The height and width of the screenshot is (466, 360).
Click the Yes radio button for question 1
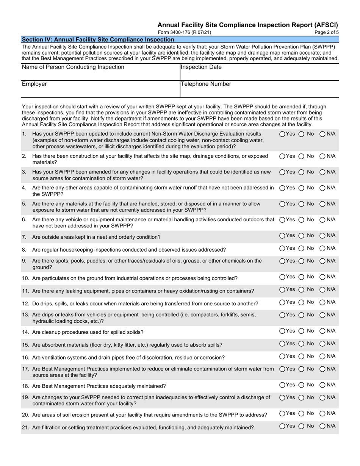[x=282, y=134]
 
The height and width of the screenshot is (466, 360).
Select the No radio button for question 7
[x=302, y=236]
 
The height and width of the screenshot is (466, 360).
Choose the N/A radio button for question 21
[x=322, y=426]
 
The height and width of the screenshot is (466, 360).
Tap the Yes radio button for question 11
[x=282, y=290]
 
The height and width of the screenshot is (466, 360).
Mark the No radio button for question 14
[x=302, y=331]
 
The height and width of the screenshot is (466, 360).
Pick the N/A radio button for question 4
[x=322, y=188]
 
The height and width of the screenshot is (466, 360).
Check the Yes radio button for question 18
[x=282, y=385]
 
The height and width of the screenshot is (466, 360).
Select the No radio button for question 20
[x=302, y=414]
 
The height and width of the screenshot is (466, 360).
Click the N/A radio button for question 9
[x=322, y=261]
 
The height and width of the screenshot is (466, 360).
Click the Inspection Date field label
[x=201, y=67]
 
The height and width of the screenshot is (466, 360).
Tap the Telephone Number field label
[x=206, y=84]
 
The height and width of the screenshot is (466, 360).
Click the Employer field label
[x=34, y=84]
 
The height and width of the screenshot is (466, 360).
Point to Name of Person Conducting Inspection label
[x=73, y=67]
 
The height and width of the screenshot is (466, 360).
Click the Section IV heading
[x=98, y=39]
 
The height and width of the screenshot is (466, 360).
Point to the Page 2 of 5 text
[x=327, y=33]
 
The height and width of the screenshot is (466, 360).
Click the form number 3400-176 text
[x=184, y=33]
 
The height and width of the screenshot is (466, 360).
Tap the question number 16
[x=25, y=358]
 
